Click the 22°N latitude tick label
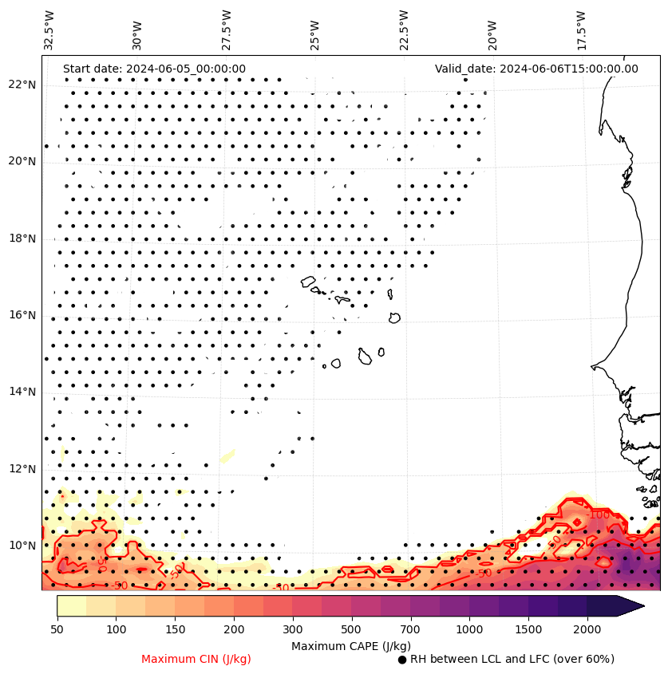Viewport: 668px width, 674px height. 22,85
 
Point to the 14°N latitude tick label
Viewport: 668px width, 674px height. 22,392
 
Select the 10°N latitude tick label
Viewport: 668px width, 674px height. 22,546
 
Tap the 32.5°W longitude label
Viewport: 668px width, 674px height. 49,30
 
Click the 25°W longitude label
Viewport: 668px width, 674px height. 315,32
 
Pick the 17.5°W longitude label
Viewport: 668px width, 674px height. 581,30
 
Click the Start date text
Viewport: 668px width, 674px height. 154,69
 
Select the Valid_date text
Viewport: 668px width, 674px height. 536,69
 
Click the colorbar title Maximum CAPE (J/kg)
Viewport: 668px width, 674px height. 350,645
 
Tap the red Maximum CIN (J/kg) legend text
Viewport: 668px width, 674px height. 196,659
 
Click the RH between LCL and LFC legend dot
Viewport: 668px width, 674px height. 402,660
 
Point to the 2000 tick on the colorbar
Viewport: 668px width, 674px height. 587,630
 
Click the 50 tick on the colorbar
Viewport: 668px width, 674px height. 57,630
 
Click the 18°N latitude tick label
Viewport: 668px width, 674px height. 22,238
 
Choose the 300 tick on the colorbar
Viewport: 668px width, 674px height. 293,630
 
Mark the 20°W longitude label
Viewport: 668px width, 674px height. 492,32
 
